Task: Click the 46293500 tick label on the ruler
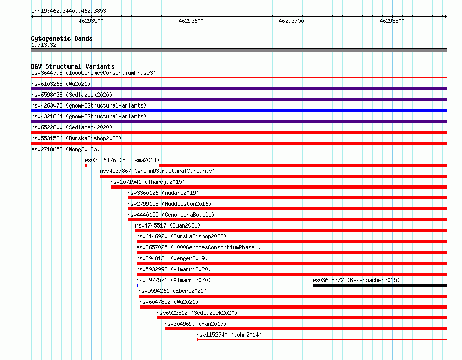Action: tap(91, 21)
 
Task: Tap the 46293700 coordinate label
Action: tap(291, 21)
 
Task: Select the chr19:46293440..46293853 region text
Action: tap(69, 11)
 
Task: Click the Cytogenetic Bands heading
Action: tap(62, 38)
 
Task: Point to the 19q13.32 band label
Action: tap(44, 45)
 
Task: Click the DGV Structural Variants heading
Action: tap(73, 66)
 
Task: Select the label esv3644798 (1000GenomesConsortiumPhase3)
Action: tap(93, 73)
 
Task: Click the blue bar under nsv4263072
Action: tap(239, 111)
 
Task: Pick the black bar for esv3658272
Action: tap(380, 285)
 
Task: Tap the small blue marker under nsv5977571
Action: tap(138, 285)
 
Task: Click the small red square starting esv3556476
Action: tap(86, 165)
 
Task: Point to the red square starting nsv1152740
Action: tap(197, 340)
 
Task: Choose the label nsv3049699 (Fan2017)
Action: tap(195, 324)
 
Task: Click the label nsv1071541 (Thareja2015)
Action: tap(147, 182)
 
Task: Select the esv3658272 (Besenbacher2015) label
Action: tap(356, 280)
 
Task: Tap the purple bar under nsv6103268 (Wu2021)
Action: tap(239, 89)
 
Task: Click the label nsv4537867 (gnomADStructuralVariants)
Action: tap(157, 171)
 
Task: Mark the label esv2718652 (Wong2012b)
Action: tap(65, 149)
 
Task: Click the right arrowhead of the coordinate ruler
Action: tap(446, 17)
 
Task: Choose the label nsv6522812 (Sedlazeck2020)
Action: tap(197, 313)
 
